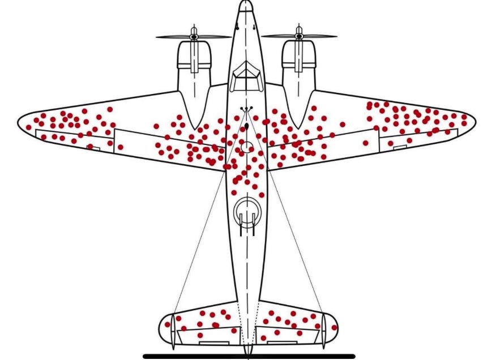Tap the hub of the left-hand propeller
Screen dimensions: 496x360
(194, 37)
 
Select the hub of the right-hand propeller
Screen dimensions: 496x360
(298, 37)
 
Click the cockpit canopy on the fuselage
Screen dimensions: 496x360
(245, 76)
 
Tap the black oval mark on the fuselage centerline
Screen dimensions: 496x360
(247, 126)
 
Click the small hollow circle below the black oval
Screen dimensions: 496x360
(247, 147)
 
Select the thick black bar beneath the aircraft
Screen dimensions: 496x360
(249, 356)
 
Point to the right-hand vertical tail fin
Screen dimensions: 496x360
(323, 331)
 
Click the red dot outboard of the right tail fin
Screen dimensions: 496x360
(334, 328)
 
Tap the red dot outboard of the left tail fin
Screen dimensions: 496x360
(167, 324)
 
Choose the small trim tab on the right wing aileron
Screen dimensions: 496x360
(400, 147)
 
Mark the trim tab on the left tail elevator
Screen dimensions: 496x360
(213, 342)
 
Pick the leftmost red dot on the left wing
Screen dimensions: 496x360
(29, 127)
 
